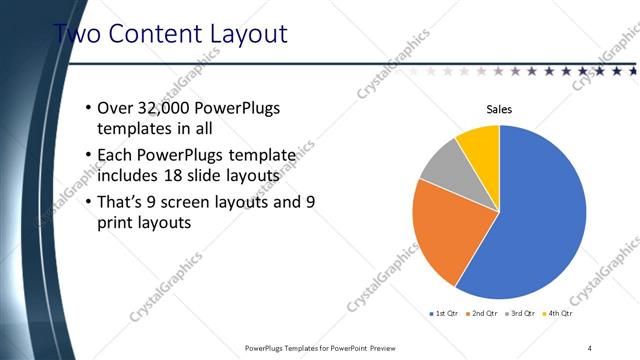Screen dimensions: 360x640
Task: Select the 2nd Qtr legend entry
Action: pyautogui.click(x=485, y=313)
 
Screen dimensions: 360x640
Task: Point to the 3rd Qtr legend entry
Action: pyautogui.click(x=521, y=313)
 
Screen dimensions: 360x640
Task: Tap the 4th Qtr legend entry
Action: pyautogui.click(x=558, y=313)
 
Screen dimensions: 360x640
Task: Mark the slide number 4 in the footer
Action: pyautogui.click(x=590, y=347)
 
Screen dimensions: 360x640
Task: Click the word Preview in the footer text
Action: pyautogui.click(x=389, y=347)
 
